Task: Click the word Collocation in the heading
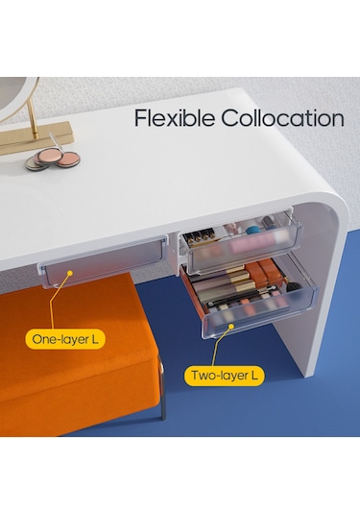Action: pos(282,118)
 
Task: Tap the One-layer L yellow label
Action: pos(65,339)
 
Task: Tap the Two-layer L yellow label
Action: pos(224,376)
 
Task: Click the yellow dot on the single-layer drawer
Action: pos(70,273)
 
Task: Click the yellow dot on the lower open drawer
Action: pos(231,327)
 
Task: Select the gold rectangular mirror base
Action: pos(36,137)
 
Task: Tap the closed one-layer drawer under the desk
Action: pos(103,262)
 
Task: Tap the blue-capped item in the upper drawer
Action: pos(252,229)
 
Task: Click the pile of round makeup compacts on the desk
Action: pos(53,159)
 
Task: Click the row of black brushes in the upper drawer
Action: pos(197,238)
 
